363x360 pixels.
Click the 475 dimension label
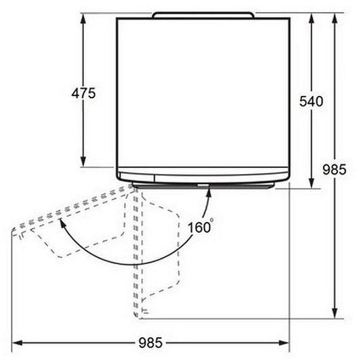83,93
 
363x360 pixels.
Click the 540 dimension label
311,101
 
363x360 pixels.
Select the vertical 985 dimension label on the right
335,169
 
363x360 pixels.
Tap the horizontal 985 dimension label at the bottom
150,342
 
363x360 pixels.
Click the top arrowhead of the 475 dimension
83,18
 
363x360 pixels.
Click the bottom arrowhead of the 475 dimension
83,162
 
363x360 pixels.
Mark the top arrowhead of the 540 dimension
312,18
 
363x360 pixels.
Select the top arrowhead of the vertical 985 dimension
335,18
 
